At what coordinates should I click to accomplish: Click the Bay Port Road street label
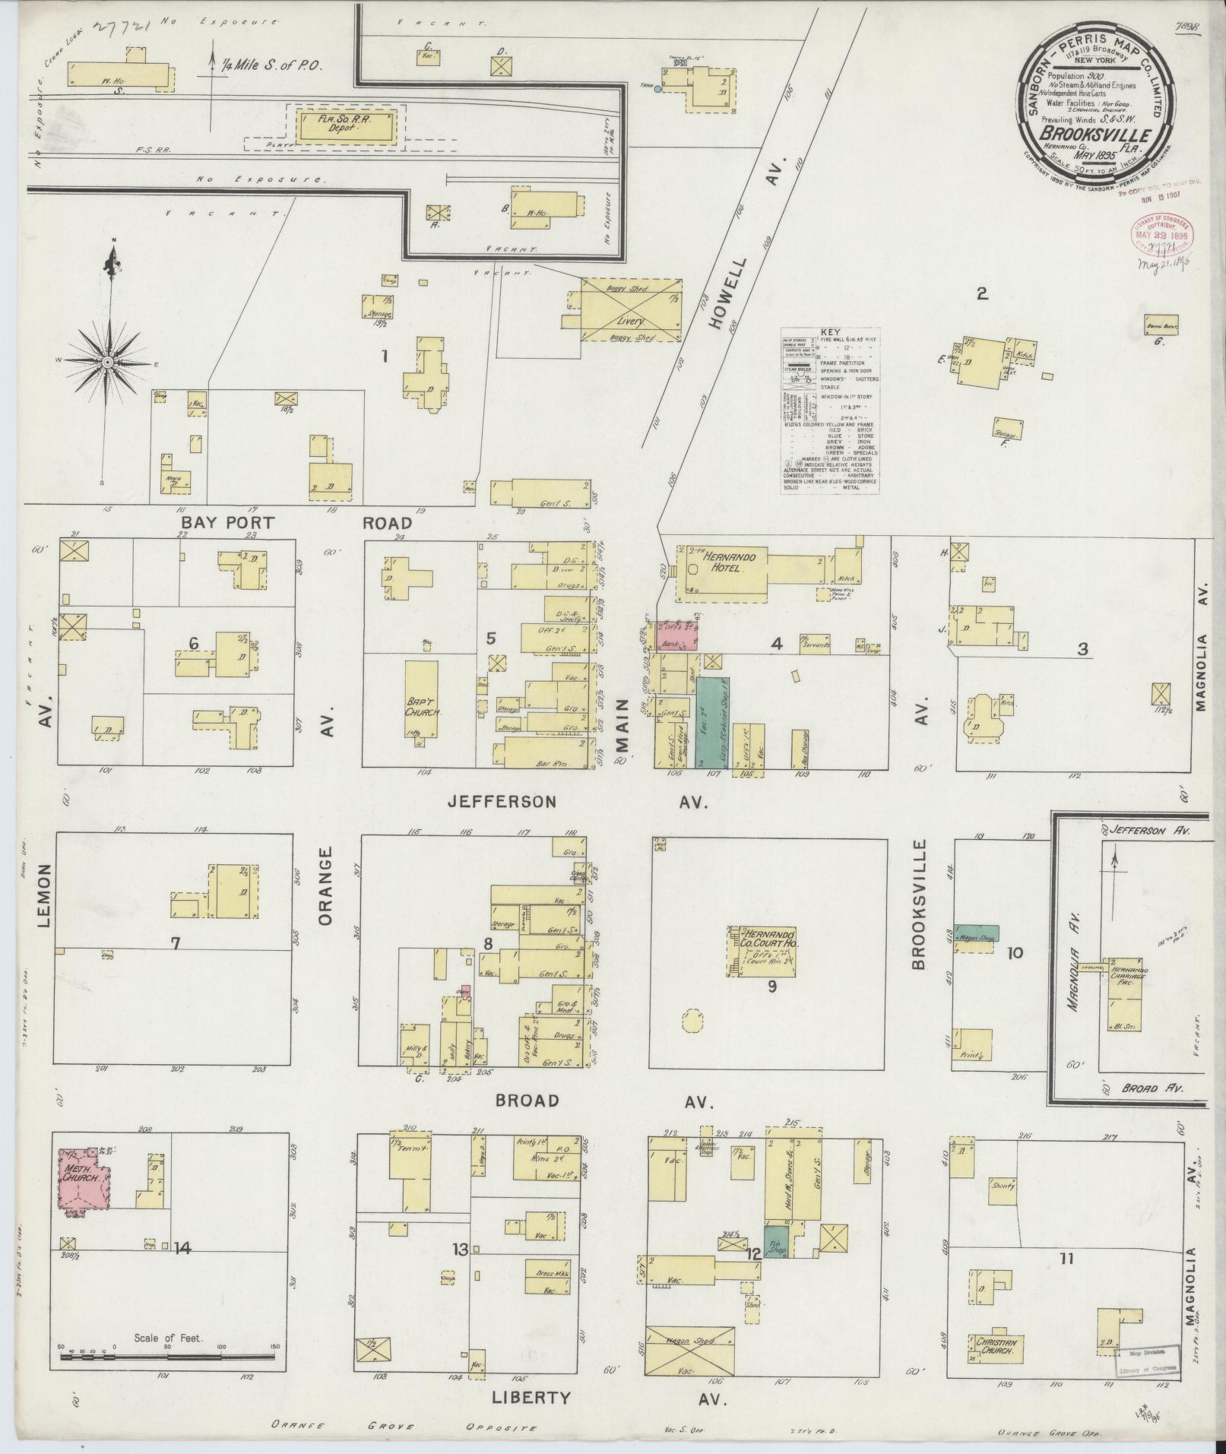coord(296,523)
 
